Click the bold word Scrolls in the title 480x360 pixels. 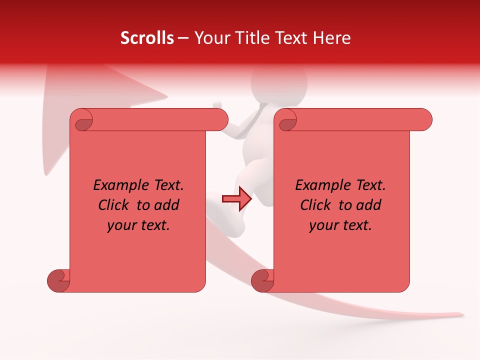click(x=147, y=38)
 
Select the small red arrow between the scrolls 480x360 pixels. click(x=236, y=199)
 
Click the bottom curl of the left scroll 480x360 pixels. click(x=59, y=281)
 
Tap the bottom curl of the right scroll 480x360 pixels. click(x=262, y=281)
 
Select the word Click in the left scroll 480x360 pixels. click(x=114, y=205)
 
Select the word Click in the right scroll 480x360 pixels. click(x=316, y=205)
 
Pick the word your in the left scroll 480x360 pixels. click(x=120, y=225)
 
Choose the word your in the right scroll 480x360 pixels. click(x=322, y=225)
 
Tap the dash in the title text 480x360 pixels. click(x=183, y=38)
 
